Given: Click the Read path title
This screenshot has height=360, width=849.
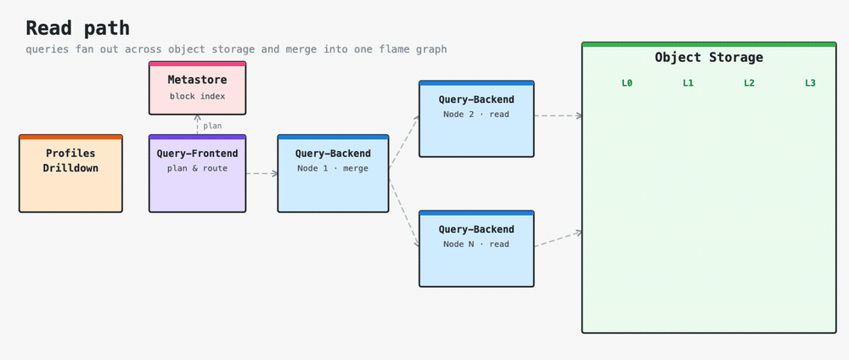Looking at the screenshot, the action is (x=77, y=28).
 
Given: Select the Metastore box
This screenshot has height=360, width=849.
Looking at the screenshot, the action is (x=198, y=87).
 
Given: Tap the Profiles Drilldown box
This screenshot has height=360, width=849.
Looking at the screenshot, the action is (x=71, y=173).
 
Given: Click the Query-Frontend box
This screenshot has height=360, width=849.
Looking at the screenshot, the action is (x=198, y=173).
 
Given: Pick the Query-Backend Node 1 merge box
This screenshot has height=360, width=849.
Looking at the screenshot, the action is (x=333, y=173).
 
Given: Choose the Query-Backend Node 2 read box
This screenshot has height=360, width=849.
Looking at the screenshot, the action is (x=476, y=119).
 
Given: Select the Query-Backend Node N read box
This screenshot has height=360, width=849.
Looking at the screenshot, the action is (x=476, y=249).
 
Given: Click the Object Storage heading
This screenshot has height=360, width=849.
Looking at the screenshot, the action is (x=709, y=58).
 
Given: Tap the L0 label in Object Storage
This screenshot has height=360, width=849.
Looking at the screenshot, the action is (x=627, y=83).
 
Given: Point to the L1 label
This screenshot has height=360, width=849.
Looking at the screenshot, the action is (x=689, y=83).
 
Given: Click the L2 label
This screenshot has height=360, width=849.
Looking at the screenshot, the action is (x=749, y=83).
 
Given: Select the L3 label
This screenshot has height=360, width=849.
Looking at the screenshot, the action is (x=810, y=83).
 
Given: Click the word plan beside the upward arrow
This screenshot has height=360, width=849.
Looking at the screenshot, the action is (x=212, y=127).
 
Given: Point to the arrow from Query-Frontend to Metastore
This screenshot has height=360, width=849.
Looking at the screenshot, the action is (x=198, y=125).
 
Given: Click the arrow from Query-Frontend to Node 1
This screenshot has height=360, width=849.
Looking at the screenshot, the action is (x=262, y=174).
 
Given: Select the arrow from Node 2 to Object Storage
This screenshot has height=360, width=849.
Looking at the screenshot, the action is (x=559, y=115).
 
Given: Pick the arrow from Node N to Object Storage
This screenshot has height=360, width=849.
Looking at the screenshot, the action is (x=559, y=239).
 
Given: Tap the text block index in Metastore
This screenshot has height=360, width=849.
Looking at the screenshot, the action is (x=198, y=96).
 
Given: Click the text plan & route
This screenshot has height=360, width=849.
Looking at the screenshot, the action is (x=198, y=168).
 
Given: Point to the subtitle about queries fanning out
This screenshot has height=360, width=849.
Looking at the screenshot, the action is (x=236, y=49).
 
